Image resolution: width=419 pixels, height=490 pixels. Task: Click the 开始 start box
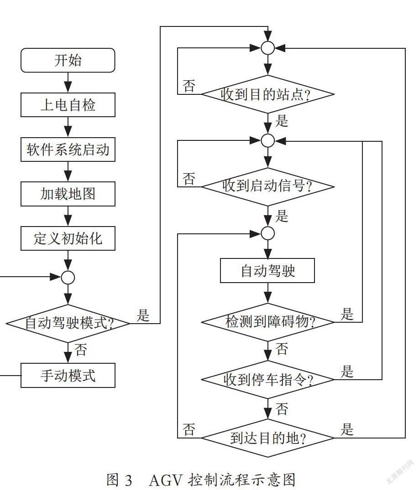[x=68, y=60]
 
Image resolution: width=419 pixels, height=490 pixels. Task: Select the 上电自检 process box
[x=68, y=105]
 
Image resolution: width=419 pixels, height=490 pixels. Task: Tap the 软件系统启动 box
[x=68, y=150]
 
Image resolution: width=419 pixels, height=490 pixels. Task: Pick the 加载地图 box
[x=68, y=194]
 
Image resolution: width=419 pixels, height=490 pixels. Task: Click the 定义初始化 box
[x=68, y=238]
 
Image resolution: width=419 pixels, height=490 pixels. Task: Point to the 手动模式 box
[x=68, y=375]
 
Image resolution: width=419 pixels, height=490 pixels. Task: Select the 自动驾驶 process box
[x=267, y=271]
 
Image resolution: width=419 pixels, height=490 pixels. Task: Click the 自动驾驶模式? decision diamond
[x=68, y=324]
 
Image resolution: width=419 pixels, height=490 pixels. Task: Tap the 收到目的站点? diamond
[x=268, y=94]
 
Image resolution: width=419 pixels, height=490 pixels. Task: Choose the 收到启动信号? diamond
[x=268, y=186]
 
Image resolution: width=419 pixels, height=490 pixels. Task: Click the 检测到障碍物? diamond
[x=268, y=322]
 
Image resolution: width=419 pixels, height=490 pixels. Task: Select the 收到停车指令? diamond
[x=268, y=380]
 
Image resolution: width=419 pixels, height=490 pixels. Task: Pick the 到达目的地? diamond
[x=268, y=438]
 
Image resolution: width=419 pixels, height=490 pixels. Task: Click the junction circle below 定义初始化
[x=68, y=277]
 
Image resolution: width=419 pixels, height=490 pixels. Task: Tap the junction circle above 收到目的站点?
[x=268, y=48]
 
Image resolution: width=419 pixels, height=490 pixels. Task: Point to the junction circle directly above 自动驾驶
[x=268, y=233]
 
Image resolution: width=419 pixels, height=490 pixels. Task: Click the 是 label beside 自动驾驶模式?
[x=143, y=315]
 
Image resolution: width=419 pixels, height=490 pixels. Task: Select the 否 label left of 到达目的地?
[x=189, y=429]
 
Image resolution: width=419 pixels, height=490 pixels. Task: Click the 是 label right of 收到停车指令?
[x=347, y=371]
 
